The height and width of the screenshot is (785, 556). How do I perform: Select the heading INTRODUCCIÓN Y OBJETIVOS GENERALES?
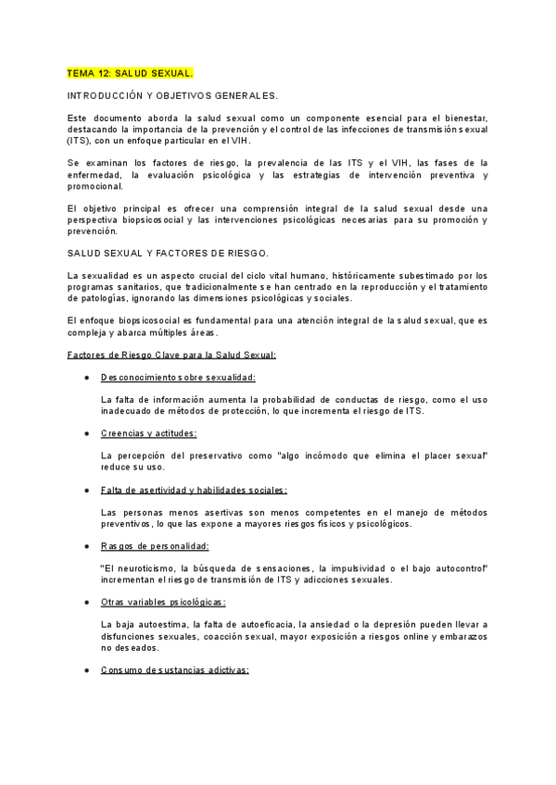[172, 95]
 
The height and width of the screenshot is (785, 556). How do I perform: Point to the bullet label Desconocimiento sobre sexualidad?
[178, 377]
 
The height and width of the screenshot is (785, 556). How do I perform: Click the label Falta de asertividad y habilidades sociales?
[194, 490]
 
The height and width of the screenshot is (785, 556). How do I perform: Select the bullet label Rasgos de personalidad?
[155, 545]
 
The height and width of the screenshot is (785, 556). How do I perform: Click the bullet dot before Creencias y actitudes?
[86, 433]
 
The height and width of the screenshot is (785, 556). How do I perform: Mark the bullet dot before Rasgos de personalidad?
[86, 545]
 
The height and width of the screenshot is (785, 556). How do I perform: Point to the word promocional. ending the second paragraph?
[95, 185]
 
